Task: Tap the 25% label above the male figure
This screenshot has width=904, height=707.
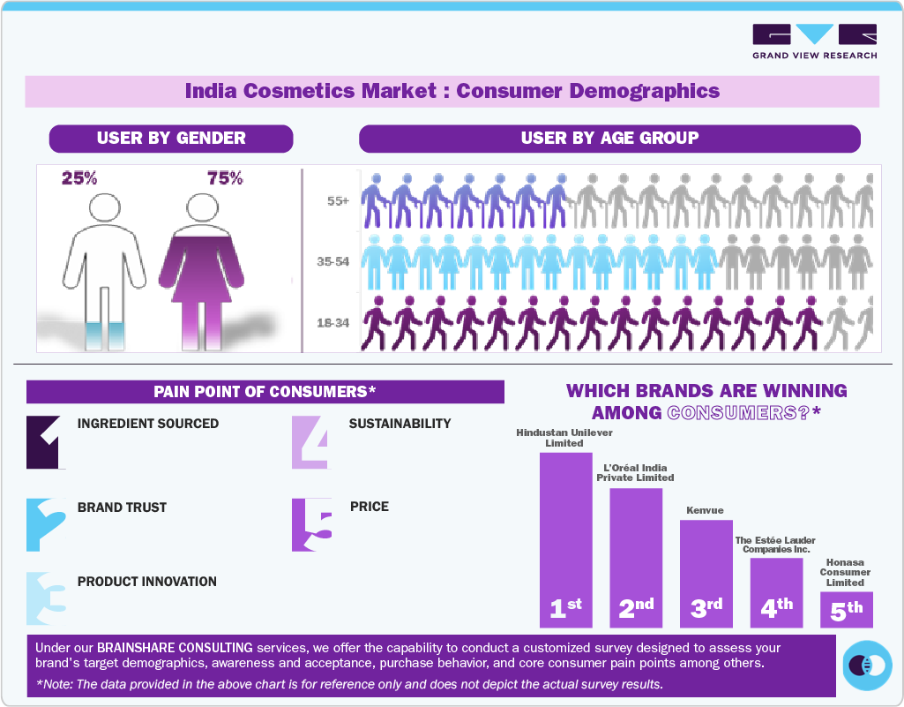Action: pyautogui.click(x=79, y=178)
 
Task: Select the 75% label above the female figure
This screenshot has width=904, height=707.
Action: pyautogui.click(x=225, y=178)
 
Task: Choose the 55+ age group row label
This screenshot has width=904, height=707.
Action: pyautogui.click(x=338, y=201)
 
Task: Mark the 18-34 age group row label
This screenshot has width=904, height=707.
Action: pyautogui.click(x=333, y=323)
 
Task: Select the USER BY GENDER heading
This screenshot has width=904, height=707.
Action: pyautogui.click(x=171, y=139)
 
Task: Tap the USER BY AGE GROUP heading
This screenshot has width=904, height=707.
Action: pyautogui.click(x=609, y=139)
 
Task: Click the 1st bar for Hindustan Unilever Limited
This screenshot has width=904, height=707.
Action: pyautogui.click(x=565, y=538)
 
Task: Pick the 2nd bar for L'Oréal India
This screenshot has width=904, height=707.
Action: pyautogui.click(x=636, y=556)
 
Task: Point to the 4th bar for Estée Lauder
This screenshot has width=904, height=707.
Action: pyautogui.click(x=776, y=591)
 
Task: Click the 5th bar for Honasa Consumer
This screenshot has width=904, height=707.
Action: pyautogui.click(x=846, y=609)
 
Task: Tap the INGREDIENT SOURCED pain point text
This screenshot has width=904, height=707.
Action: pyautogui.click(x=148, y=424)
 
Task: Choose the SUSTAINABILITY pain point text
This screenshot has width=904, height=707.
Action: pyautogui.click(x=400, y=424)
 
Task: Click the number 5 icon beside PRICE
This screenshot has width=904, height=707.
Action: pyautogui.click(x=312, y=525)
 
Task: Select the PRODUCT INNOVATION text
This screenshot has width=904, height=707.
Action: pyautogui.click(x=147, y=582)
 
